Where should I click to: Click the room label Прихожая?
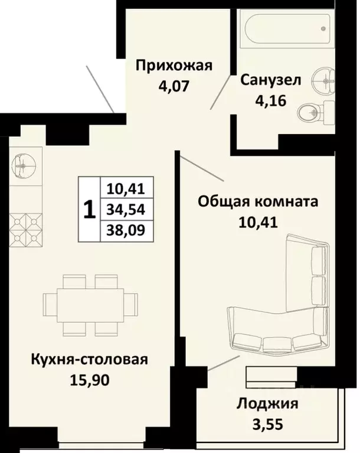[x=174, y=66]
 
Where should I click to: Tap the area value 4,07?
[x=174, y=86]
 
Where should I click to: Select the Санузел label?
[x=270, y=80]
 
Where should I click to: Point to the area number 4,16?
[x=270, y=101]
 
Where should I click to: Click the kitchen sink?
[x=24, y=166]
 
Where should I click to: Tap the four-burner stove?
[x=26, y=230]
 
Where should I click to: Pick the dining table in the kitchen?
[x=90, y=305]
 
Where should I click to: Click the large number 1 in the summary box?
[x=89, y=209]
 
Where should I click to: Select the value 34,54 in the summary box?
[x=126, y=209]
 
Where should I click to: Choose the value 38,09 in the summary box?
[x=126, y=230]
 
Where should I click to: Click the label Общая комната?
[x=258, y=201]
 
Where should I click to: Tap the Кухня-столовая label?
[x=89, y=360]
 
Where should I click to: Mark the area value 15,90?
[x=90, y=380]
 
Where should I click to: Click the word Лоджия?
[x=267, y=404]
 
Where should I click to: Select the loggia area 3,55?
[x=267, y=424]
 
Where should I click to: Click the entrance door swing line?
[x=100, y=89]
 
